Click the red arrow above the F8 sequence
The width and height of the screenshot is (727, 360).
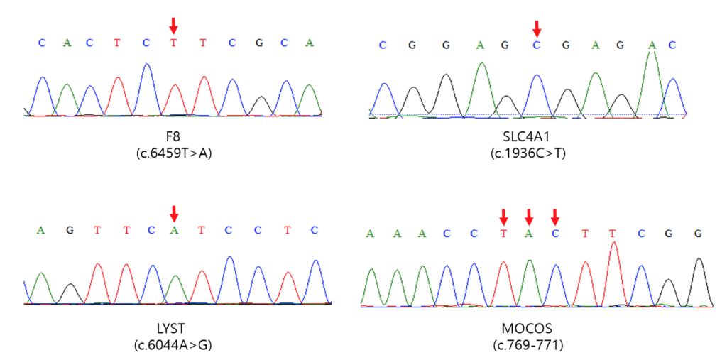(173, 26)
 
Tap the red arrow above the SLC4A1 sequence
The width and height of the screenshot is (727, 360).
(537, 29)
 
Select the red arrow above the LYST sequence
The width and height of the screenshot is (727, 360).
(174, 214)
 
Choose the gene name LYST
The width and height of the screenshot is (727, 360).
(173, 329)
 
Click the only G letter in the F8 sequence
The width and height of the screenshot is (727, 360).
(259, 43)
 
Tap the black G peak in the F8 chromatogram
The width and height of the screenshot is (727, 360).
(261, 106)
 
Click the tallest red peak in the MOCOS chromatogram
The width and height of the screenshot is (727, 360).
(614, 273)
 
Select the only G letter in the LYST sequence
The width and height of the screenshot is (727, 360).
(70, 230)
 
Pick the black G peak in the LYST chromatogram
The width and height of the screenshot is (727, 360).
(70, 294)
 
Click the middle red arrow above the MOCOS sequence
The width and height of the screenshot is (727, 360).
(528, 216)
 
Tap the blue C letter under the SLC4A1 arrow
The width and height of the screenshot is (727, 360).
(537, 45)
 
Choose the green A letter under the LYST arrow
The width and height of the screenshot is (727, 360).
(174, 230)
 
